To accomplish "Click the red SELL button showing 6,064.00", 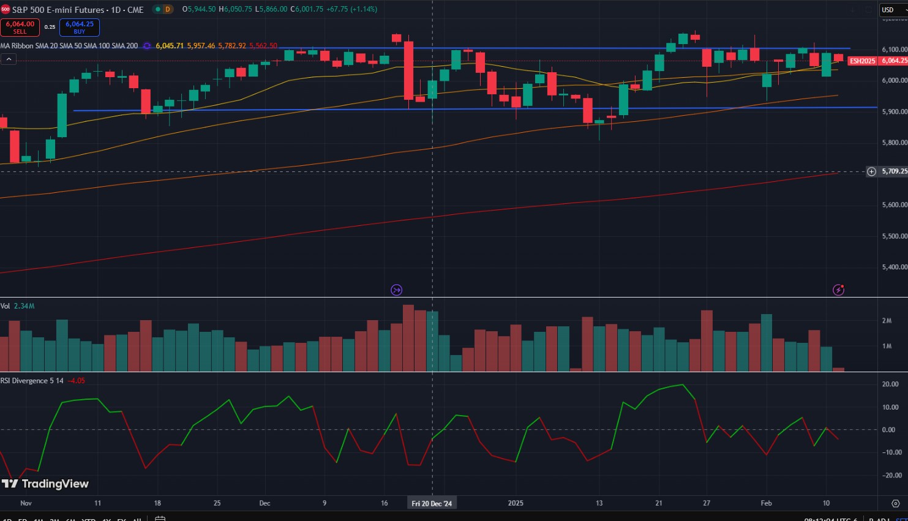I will pyautogui.click(x=20, y=28).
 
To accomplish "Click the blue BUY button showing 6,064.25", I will pyautogui.click(x=80, y=28).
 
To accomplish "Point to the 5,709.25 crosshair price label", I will pyautogui.click(x=894, y=171).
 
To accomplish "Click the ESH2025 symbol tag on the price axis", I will pyautogui.click(x=863, y=61).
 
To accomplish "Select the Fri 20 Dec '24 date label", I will pyautogui.click(x=432, y=503).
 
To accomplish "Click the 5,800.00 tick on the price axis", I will pyautogui.click(x=895, y=143).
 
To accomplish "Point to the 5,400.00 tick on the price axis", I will pyautogui.click(x=895, y=267).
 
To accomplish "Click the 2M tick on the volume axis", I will pyautogui.click(x=887, y=321).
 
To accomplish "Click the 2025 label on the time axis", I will pyautogui.click(x=516, y=503).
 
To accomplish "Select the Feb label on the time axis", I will pyautogui.click(x=766, y=503).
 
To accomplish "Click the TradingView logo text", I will pyautogui.click(x=55, y=484).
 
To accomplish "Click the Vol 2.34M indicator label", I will pyautogui.click(x=18, y=306).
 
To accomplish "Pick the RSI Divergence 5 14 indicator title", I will pyautogui.click(x=32, y=381).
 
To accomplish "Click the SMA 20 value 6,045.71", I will pyautogui.click(x=170, y=46).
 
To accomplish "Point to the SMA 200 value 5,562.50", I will pyautogui.click(x=263, y=46).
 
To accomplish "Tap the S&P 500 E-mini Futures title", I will pyautogui.click(x=58, y=10).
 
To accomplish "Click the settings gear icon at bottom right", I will pyautogui.click(x=895, y=503).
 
